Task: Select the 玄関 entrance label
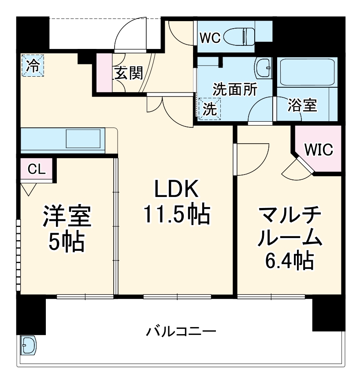coord(129,73)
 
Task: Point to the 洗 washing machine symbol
coord(210,108)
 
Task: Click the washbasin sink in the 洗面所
coord(264,68)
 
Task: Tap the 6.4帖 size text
coord(289,261)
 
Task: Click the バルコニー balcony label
coord(181,331)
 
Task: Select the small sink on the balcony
coord(28,345)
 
